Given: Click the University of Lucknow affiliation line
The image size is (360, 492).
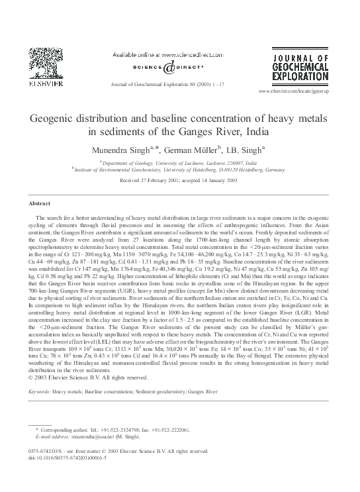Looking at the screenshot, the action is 180,162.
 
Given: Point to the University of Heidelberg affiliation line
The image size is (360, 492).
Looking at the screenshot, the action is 180,169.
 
